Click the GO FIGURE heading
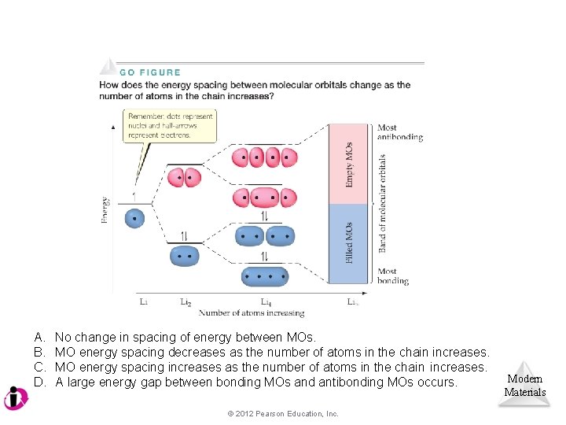[x=149, y=72]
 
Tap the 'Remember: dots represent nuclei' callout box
[x=171, y=126]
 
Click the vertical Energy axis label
[x=105, y=210]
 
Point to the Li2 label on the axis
[x=186, y=301]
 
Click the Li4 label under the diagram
[x=267, y=301]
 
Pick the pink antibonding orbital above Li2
[x=185, y=178]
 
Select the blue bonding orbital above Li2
[x=185, y=255]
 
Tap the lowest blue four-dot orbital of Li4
[x=265, y=276]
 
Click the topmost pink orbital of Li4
[x=265, y=157]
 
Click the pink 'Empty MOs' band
[x=347, y=164]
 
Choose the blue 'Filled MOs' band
[x=347, y=243]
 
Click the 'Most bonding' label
[x=392, y=275]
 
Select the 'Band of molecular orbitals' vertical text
[x=383, y=203]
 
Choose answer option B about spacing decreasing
[x=272, y=353]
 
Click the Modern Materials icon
[x=524, y=385]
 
